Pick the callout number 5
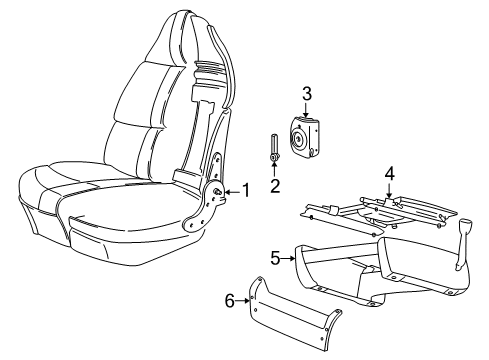tap(275, 258)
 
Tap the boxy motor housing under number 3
tap(306, 137)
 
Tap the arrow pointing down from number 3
tap(308, 110)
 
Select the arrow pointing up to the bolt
tap(273, 169)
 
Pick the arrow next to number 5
tap(289, 258)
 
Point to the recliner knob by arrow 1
tap(217, 190)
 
